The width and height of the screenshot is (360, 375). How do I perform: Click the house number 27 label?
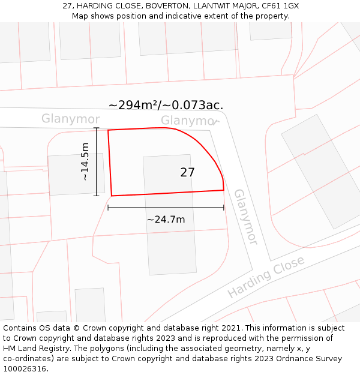pos(187,173)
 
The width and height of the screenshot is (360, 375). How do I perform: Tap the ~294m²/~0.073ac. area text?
pos(166,105)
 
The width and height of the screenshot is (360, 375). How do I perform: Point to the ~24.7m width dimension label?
pos(166,220)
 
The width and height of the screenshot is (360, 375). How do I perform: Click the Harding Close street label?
pos(266,277)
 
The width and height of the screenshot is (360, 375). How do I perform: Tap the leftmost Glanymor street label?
pos(71,119)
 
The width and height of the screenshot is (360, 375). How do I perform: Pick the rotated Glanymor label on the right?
pos(246,217)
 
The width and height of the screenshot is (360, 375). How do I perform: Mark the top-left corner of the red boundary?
pos(108,130)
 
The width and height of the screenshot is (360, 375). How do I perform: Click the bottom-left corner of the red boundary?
pos(112,196)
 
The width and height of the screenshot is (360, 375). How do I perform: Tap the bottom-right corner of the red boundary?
pos(224,190)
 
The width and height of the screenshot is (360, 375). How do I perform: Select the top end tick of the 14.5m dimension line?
pos(96,128)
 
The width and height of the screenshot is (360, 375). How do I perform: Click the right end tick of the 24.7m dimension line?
pos(224,208)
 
